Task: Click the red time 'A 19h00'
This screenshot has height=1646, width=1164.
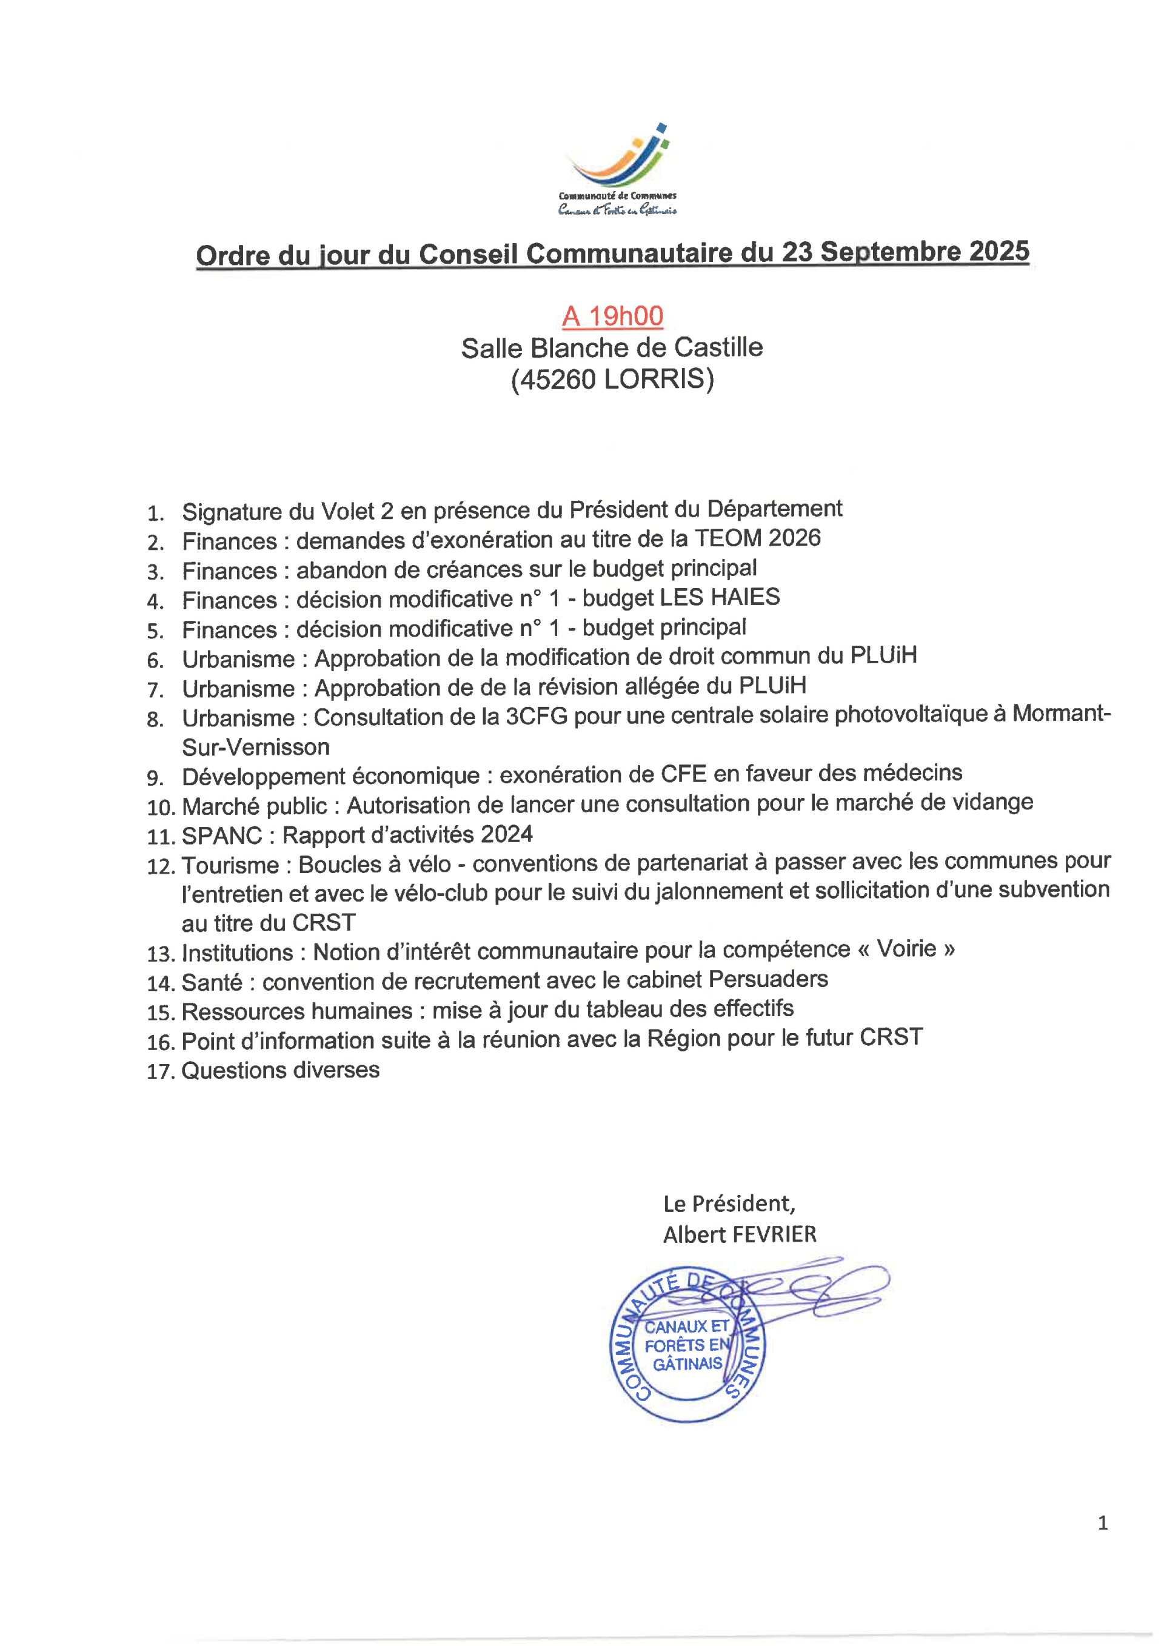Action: [x=613, y=316]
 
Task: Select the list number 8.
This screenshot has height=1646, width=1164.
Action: [x=155, y=720]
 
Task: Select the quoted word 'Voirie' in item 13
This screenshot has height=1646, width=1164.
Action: [x=907, y=949]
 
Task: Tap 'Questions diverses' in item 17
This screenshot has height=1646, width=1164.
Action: [x=280, y=1070]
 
